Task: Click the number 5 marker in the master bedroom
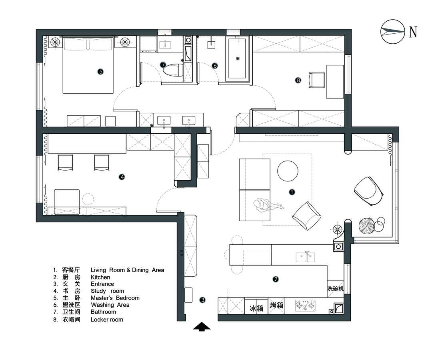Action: click(100, 72)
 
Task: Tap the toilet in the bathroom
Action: click(173, 70)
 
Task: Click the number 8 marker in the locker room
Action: click(298, 80)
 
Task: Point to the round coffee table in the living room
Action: click(288, 171)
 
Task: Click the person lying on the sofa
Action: click(268, 205)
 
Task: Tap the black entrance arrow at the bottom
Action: click(202, 326)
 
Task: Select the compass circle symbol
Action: click(393, 32)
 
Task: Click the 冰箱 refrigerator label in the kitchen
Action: click(256, 308)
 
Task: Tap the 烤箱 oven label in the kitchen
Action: click(276, 305)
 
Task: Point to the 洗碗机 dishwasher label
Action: click(335, 289)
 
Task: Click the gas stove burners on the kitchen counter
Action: click(305, 306)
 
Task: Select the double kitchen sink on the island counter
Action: click(306, 257)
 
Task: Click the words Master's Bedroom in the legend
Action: click(115, 298)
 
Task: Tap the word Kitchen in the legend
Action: click(100, 277)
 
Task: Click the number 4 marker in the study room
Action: click(122, 177)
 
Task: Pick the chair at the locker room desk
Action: click(316, 80)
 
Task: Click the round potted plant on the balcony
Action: click(366, 226)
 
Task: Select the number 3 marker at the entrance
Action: click(202, 300)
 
